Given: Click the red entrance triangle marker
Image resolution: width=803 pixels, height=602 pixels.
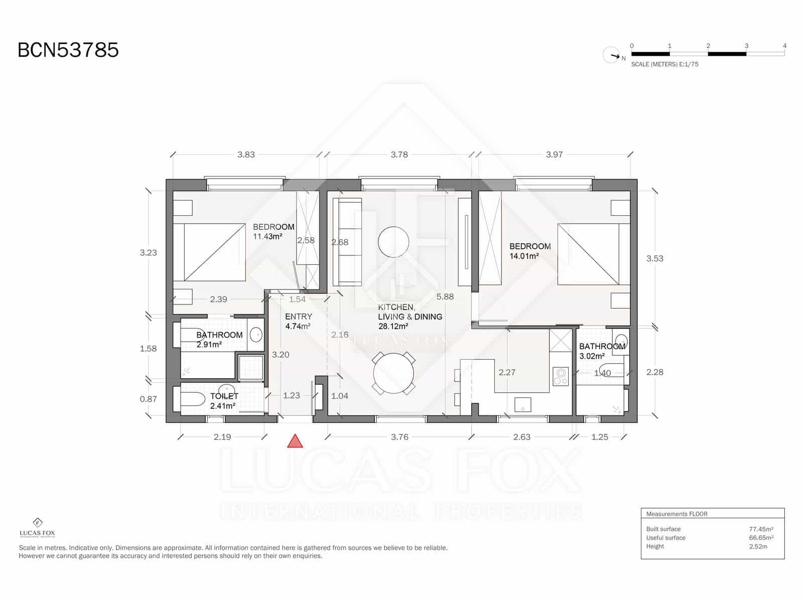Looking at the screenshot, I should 295,442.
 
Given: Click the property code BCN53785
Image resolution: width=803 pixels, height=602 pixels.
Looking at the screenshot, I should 68,50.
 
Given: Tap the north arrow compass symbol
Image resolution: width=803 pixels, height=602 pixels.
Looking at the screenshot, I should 612,55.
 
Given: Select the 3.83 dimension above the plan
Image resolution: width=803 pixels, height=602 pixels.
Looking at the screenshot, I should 246,155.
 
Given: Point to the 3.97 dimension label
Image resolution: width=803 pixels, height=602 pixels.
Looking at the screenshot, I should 554,155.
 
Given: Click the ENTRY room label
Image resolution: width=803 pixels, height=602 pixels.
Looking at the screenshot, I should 299,317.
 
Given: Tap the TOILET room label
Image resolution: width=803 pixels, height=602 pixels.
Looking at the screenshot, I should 224,396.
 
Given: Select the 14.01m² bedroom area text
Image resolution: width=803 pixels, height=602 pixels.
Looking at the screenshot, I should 524,256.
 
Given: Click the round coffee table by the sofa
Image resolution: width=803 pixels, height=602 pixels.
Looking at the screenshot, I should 393,242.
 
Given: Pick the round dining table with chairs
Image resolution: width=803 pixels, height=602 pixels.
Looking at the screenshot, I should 394,373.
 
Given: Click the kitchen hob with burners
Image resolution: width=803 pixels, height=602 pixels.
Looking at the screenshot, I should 561,376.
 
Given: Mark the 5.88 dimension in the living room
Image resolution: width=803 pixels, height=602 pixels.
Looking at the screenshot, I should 445,296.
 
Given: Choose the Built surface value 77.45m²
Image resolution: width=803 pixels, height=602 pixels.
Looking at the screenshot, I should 761,529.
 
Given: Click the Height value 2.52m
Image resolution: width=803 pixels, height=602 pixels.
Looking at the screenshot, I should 758,546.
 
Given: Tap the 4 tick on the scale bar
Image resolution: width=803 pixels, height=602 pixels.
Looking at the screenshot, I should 784,46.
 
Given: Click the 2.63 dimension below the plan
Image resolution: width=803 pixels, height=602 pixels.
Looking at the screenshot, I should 521,437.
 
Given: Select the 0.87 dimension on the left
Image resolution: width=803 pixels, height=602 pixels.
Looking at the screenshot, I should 148,399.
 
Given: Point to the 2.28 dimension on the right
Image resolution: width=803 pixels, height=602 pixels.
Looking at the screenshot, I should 654,372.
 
